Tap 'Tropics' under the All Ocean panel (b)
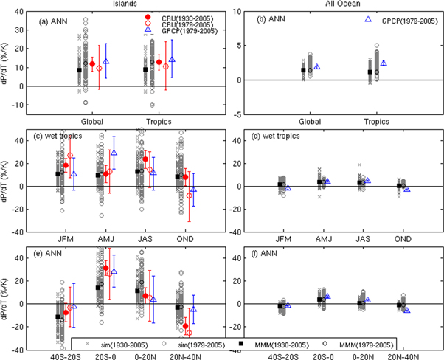(x=375, y=122)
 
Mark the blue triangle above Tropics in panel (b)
(x=384, y=63)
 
